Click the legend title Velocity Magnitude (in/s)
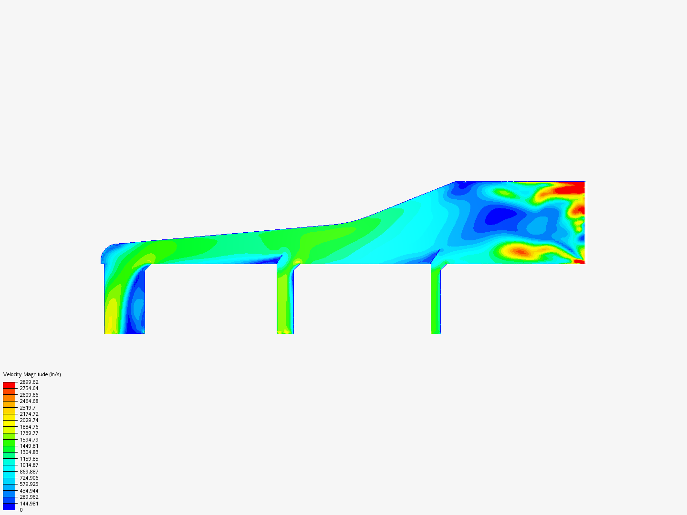click(32, 374)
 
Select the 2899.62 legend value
click(29, 382)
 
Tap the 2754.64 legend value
click(29, 388)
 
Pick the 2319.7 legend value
click(28, 408)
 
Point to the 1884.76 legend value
click(29, 427)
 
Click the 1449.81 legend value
click(29, 446)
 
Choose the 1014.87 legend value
click(29, 465)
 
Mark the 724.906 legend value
click(29, 478)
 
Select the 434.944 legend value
click(29, 491)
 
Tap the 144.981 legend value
click(29, 504)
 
